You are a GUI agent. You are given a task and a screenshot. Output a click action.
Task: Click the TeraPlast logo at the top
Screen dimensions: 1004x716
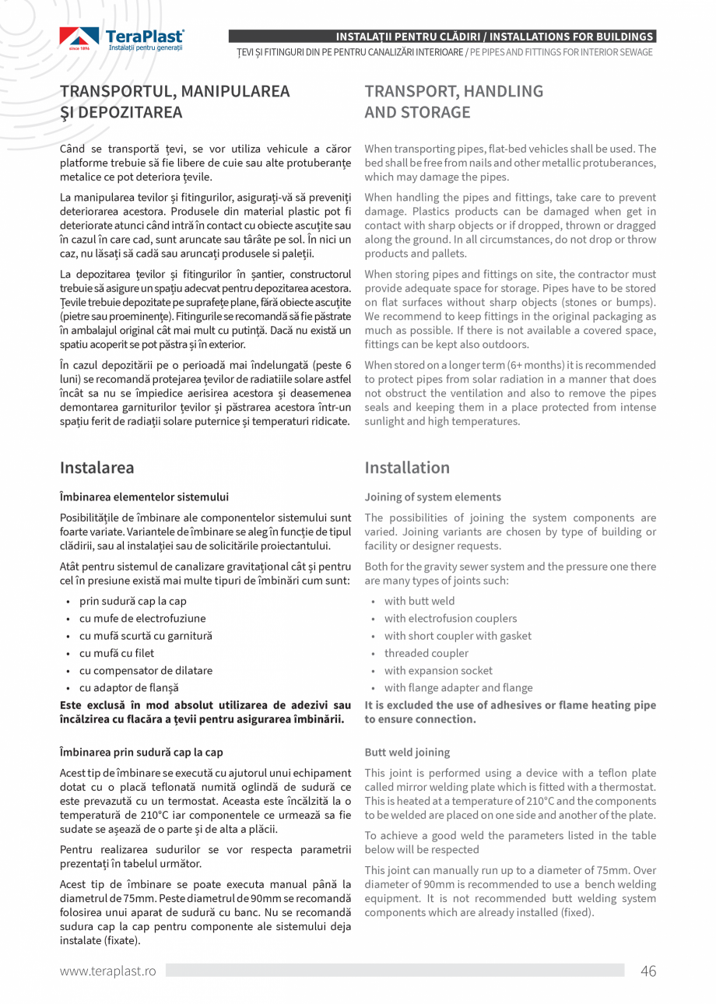pos(122,40)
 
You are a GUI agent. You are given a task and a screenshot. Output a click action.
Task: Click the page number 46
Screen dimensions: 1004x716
pos(648,971)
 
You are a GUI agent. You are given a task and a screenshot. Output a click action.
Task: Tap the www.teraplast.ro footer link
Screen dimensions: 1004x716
pos(108,971)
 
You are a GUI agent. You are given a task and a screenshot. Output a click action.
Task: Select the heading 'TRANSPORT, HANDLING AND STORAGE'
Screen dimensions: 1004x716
pos(454,102)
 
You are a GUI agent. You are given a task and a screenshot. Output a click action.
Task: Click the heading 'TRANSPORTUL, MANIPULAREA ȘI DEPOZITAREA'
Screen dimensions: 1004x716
pos(175,102)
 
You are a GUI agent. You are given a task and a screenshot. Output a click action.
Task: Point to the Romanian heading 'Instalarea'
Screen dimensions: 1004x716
pos(97,468)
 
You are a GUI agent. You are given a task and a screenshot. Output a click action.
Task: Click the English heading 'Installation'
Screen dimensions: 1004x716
pos(407,468)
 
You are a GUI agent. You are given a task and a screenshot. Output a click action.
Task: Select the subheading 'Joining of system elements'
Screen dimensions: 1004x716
pos(433,497)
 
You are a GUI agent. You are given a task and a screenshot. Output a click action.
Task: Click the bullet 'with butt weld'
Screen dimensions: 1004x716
pos(419,601)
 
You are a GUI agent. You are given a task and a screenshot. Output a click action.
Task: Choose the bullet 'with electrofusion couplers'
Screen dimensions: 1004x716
pos(450,619)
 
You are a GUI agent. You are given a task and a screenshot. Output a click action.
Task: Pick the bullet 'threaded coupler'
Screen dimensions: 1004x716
pos(426,653)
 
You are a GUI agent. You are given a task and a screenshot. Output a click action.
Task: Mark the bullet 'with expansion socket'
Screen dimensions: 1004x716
pos(438,671)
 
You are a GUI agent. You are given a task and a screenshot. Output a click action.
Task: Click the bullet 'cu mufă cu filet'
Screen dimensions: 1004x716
pos(117,653)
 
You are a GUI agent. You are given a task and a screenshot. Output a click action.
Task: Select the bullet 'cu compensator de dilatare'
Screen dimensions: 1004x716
pos(146,671)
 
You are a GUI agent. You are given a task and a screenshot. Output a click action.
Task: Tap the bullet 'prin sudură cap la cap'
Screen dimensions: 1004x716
pos(132,601)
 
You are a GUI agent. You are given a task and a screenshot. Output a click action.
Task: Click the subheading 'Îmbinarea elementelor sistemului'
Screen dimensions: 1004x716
pos(144,497)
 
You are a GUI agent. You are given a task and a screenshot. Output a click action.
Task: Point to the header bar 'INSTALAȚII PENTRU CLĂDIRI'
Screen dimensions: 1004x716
pos(441,37)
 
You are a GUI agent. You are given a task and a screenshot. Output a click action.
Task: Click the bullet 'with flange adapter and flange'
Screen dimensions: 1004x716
pos(458,688)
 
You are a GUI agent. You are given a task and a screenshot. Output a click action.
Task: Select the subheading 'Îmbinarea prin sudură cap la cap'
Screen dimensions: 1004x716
pos(142,753)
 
